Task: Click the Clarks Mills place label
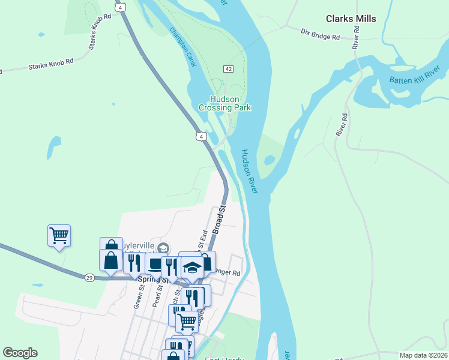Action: [351, 19]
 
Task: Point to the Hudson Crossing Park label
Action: [224, 103]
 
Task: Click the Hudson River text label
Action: [249, 172]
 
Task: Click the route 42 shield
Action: [228, 70]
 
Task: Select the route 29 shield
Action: [89, 276]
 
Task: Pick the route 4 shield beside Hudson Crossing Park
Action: [201, 137]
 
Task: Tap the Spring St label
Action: [150, 279]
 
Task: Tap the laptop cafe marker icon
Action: [155, 263]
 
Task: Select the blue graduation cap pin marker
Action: [191, 268]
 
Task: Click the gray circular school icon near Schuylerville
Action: [165, 247]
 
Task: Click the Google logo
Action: [20, 353]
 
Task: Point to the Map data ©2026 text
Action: [423, 355]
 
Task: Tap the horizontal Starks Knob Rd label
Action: [50, 64]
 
